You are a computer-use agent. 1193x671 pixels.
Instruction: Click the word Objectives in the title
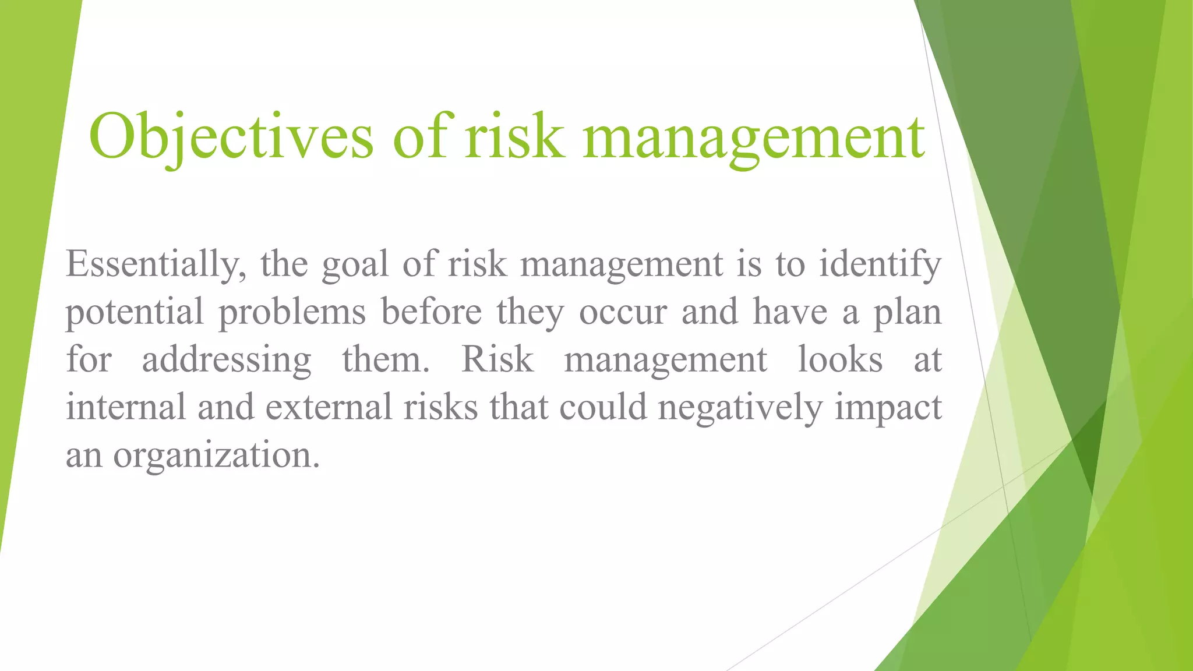(x=231, y=137)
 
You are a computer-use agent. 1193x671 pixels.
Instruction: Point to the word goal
(x=355, y=264)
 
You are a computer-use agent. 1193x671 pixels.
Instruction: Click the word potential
(x=135, y=312)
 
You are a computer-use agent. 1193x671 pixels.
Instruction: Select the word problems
(x=292, y=312)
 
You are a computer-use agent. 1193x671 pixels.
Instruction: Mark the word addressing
(x=227, y=360)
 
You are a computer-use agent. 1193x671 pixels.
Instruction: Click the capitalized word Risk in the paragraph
(x=497, y=359)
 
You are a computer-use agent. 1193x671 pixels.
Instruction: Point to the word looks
(x=839, y=359)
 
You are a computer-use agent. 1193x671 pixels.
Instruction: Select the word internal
(x=125, y=407)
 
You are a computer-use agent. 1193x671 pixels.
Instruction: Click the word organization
(x=216, y=455)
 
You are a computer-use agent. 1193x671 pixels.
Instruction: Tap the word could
(x=603, y=407)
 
